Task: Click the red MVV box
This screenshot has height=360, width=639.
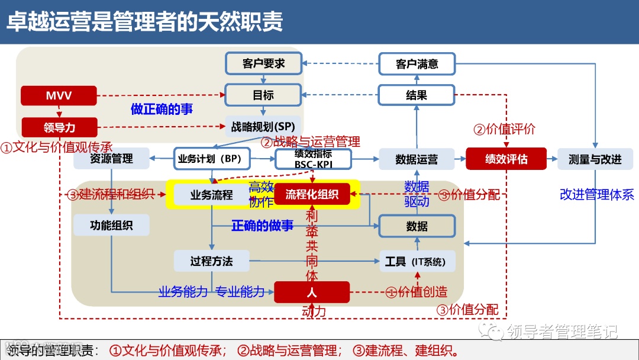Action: (59, 95)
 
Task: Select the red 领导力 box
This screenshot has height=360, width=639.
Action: (59, 127)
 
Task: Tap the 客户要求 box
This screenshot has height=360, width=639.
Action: (263, 63)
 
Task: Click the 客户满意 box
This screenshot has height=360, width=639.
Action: (417, 64)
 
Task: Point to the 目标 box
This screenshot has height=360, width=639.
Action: (263, 95)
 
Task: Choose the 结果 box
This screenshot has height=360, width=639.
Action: (417, 95)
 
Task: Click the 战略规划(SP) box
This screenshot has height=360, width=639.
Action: (263, 126)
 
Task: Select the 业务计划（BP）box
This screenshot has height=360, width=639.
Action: (211, 159)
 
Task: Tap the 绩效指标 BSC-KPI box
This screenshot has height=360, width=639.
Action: (313, 159)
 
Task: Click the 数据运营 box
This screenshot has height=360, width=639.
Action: (417, 159)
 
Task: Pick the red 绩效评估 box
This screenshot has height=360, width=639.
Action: (506, 159)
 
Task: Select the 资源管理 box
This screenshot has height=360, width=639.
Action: (111, 159)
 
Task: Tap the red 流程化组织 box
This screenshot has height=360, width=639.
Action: (312, 194)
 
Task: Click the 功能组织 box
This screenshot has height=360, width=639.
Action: (111, 226)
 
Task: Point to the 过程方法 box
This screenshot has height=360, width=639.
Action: (211, 261)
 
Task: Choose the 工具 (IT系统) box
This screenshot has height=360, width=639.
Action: (417, 261)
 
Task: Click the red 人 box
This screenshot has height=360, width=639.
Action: (312, 292)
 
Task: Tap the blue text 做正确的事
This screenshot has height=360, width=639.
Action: (162, 110)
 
